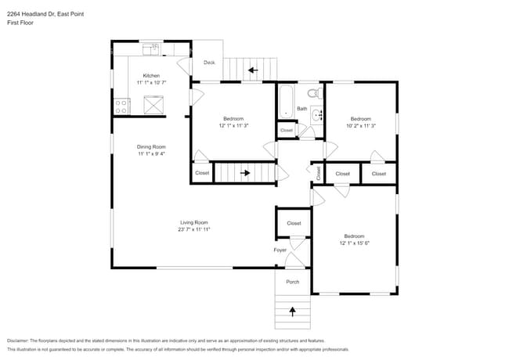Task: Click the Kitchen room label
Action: coord(151,76)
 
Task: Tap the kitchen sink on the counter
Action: coord(150,49)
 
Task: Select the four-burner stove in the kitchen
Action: coord(122,105)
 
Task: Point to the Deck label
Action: coord(209,63)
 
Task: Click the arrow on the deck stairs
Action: coord(252,70)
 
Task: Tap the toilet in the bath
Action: coord(314,93)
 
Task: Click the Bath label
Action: coord(301,109)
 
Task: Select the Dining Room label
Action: coord(151,146)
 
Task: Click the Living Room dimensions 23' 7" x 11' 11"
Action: coord(194,229)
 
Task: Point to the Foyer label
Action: coord(280,250)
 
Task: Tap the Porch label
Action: coord(292,282)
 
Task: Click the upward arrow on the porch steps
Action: coord(293,311)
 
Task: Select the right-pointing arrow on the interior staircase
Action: coord(245,173)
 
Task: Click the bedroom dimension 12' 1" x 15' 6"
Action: coord(354,243)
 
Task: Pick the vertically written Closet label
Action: coord(319,172)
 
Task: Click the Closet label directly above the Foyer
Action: coord(294,223)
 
